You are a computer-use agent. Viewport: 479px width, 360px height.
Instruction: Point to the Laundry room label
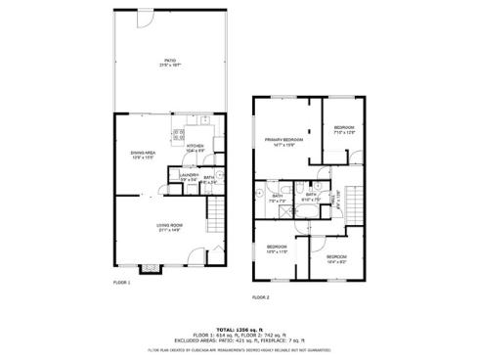pyautogui.click(x=190, y=177)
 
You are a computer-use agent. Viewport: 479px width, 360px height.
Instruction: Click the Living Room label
pyautogui.click(x=170, y=228)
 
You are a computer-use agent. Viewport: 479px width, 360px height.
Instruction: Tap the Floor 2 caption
pyautogui.click(x=260, y=295)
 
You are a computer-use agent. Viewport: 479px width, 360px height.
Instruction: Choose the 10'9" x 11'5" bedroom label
pyautogui.click(x=277, y=248)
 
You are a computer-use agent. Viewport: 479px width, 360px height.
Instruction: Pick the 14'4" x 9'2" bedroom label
pyautogui.click(x=337, y=258)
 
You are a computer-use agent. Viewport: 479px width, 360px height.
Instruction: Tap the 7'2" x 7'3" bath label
pyautogui.click(x=278, y=198)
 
